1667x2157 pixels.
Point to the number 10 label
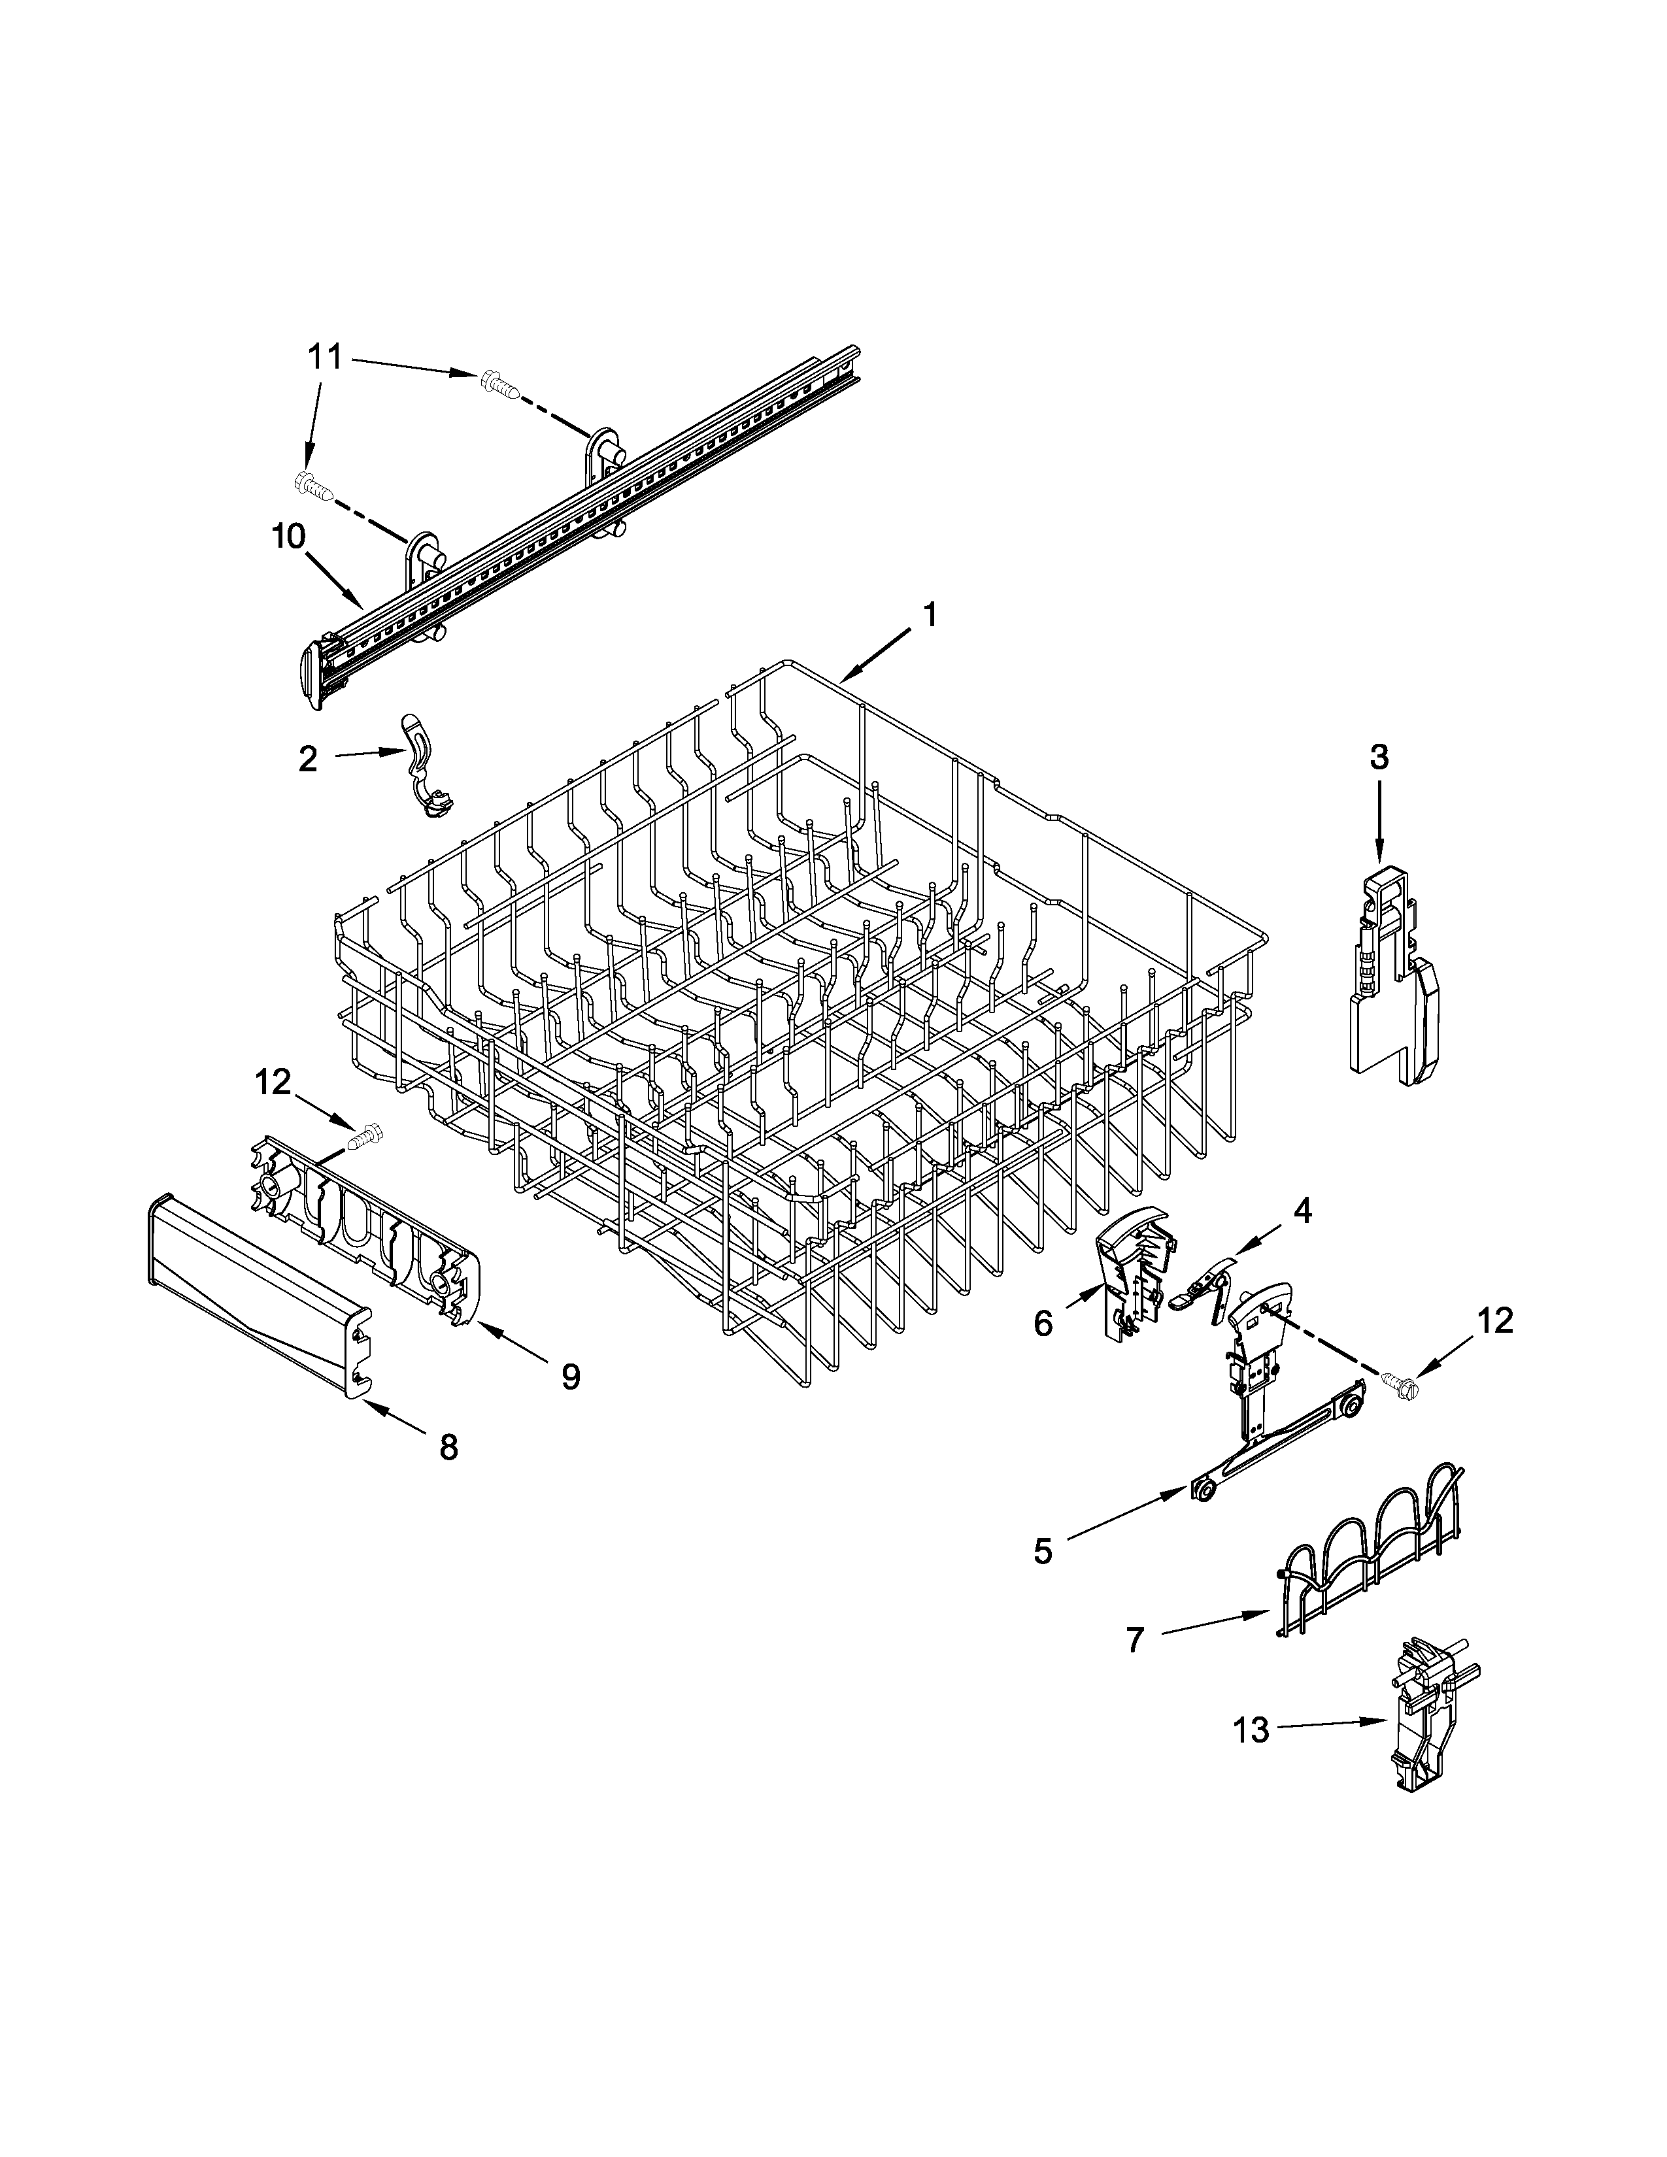pos(288,538)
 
